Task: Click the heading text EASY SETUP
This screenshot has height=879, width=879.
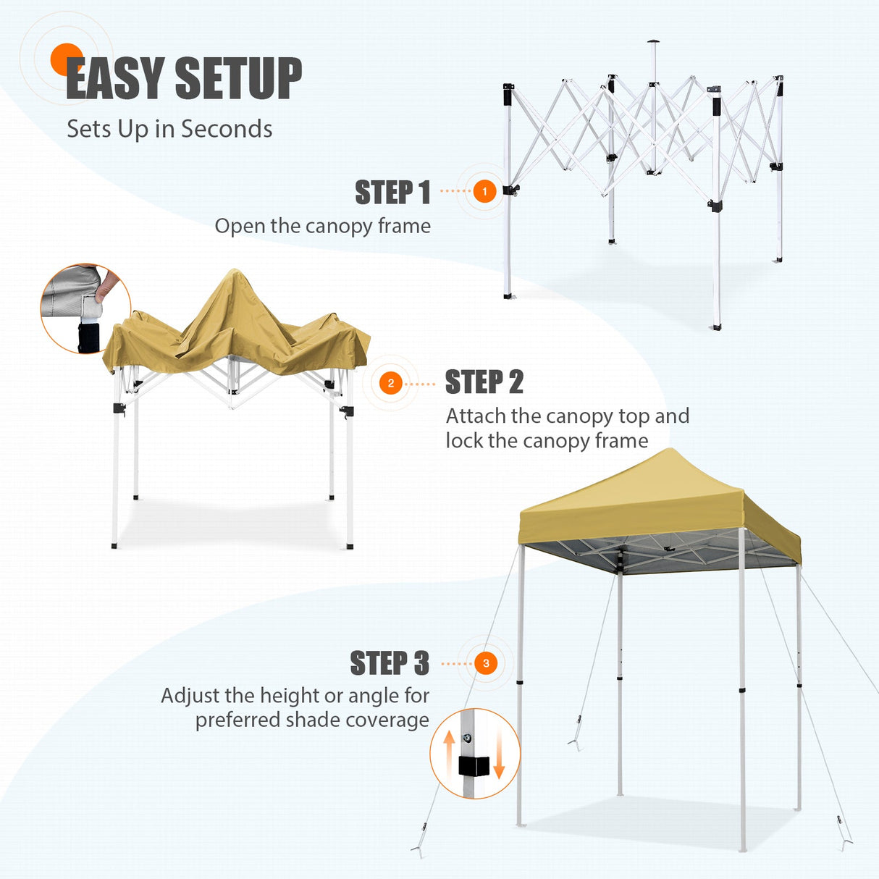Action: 184,79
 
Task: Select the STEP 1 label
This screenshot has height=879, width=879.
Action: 392,193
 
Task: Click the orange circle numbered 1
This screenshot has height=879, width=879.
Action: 484,192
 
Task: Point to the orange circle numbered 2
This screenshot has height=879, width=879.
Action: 391,383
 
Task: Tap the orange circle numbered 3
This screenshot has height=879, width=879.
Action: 486,663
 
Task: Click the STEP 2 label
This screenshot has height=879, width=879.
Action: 484,382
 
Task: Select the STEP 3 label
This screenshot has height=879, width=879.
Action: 390,663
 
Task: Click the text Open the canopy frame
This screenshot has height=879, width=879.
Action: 322,226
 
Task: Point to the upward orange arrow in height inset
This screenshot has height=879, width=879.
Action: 449,746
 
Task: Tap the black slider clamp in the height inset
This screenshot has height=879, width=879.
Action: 474,766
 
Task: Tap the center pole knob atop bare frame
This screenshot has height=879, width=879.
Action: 653,41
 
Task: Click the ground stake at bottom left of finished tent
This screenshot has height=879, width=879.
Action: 419,849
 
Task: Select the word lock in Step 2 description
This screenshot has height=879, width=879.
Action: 463,441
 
